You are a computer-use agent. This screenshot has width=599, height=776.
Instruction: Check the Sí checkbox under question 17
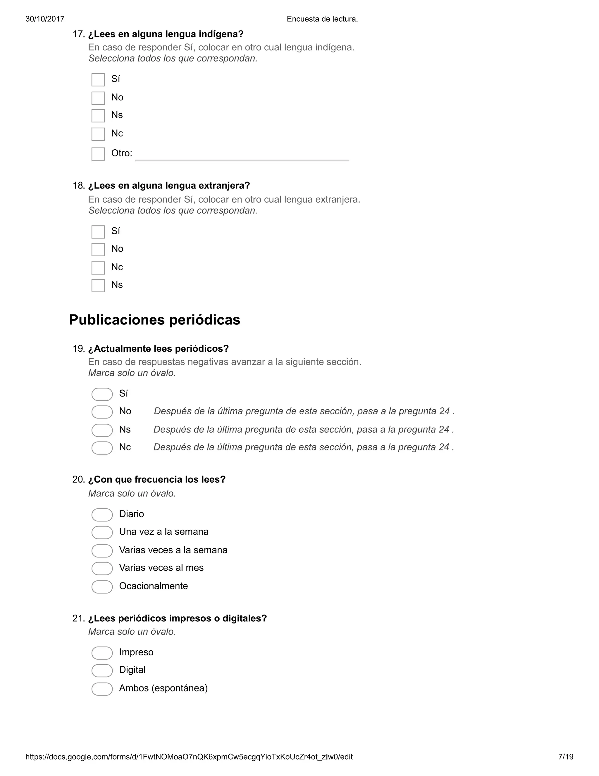click(x=98, y=80)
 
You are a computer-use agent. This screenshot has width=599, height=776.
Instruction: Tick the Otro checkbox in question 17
click(x=98, y=154)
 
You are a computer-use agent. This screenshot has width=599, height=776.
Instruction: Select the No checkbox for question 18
click(x=98, y=249)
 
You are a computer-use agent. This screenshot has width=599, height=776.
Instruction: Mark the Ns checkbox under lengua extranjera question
click(x=98, y=285)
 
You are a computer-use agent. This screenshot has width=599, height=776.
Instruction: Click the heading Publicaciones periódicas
click(x=154, y=320)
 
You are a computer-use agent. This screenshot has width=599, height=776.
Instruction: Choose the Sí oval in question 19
click(x=102, y=394)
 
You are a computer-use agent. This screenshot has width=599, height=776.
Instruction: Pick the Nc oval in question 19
click(x=102, y=448)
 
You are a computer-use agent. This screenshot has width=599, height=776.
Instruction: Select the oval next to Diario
click(x=102, y=515)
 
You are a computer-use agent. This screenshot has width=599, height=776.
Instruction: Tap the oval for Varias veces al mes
click(x=102, y=568)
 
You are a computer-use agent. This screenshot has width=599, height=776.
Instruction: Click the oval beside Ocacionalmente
click(x=102, y=587)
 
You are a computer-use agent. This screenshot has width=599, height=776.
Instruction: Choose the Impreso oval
click(x=102, y=653)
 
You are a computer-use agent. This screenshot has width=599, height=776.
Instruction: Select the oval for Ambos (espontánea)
click(x=102, y=689)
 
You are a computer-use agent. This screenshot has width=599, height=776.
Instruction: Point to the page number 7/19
click(x=566, y=756)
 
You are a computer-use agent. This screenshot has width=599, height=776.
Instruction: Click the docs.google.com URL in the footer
click(x=189, y=756)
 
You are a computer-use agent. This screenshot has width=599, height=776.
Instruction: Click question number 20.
click(x=78, y=480)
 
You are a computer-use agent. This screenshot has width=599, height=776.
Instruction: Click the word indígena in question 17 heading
click(x=221, y=35)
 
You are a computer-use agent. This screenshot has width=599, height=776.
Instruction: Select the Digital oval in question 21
click(x=102, y=671)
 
